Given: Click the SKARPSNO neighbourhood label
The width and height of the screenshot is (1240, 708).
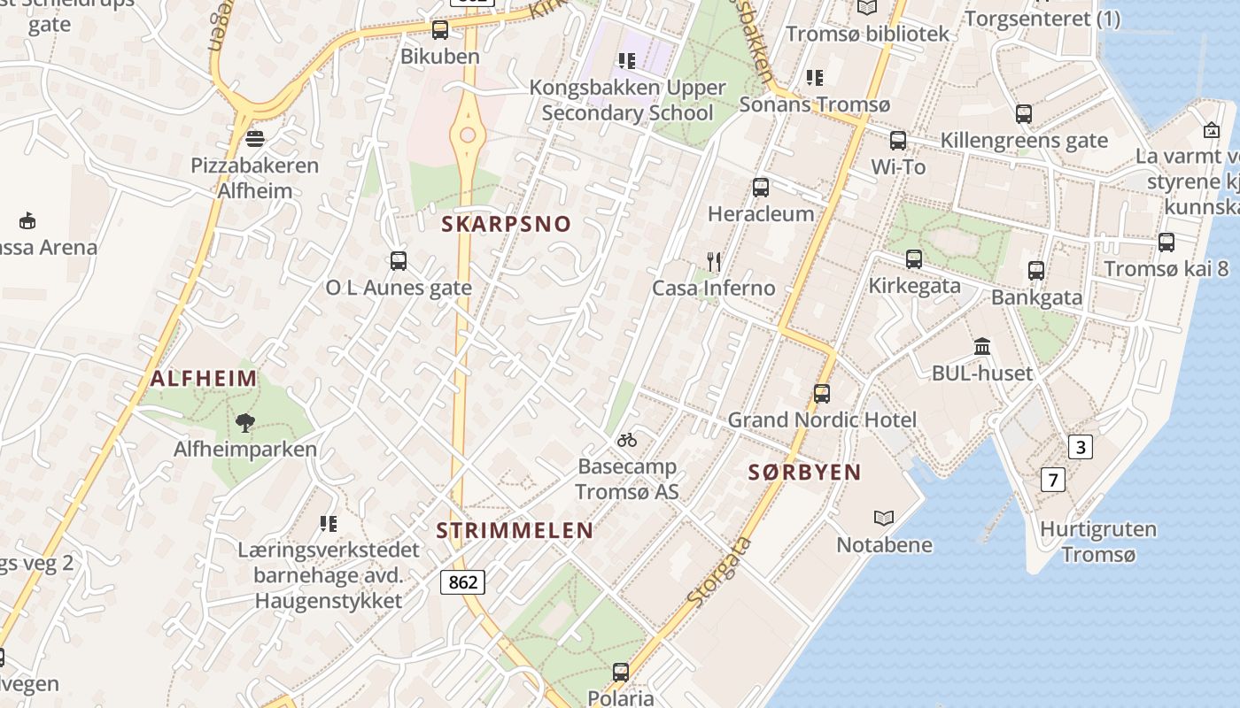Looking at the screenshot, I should [x=507, y=224].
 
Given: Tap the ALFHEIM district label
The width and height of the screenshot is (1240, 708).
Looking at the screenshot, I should [x=204, y=379].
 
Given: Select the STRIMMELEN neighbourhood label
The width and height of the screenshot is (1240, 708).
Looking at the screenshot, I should [x=515, y=531].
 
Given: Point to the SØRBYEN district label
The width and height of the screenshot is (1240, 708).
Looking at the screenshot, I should [x=804, y=473].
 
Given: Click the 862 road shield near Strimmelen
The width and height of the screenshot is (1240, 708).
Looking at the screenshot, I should [x=463, y=581].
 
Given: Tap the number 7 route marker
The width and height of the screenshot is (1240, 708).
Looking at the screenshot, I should [x=1052, y=481].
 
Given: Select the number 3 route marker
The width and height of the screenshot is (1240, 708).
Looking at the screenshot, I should [x=1080, y=447].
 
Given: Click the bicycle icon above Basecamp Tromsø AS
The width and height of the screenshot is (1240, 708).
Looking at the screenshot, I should [x=627, y=439].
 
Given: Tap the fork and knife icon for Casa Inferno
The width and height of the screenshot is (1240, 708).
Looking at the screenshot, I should [x=714, y=261].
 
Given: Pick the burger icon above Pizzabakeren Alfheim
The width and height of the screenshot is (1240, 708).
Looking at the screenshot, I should [x=255, y=138].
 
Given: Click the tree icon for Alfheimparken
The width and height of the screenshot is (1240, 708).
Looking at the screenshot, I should [x=245, y=422].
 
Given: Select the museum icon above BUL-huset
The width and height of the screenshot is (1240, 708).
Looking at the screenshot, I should [x=982, y=346].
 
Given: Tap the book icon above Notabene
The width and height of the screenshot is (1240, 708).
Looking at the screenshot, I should [x=884, y=518].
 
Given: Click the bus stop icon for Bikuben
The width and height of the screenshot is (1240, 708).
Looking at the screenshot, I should [x=440, y=30].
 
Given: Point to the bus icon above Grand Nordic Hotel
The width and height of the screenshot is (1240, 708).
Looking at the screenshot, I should [x=822, y=394].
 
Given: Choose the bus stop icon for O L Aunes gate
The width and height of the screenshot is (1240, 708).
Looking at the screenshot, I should [x=399, y=261].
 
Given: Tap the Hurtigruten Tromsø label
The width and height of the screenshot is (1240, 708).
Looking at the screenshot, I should [x=1098, y=543].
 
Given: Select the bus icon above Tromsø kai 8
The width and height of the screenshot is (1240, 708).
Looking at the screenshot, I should [x=1166, y=242].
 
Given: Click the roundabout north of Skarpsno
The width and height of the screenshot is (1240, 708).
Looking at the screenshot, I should [x=468, y=135].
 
